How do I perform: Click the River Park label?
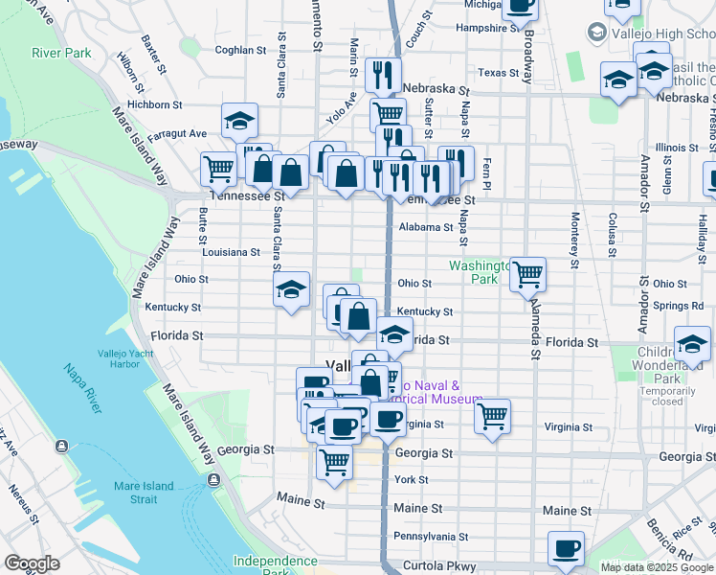point(61,53)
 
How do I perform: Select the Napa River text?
point(82,382)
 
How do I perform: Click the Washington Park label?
point(476,272)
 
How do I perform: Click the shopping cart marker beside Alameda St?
point(527,274)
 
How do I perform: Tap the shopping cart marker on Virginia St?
point(492,417)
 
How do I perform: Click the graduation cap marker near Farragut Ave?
point(239,121)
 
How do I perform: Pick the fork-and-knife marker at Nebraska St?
point(383,74)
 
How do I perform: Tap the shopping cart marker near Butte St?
point(219,169)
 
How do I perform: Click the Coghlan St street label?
point(240,50)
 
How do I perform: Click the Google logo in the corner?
point(32,563)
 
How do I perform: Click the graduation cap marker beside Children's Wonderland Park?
point(691,342)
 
